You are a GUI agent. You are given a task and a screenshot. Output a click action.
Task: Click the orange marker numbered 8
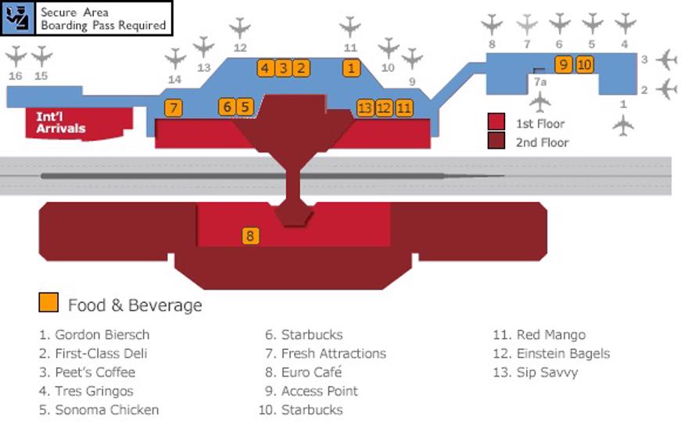(250, 236)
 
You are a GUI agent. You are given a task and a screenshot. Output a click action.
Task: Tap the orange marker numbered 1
(352, 68)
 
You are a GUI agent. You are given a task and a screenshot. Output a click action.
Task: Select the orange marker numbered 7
(174, 108)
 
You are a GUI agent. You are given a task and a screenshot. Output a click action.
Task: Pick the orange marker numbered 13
(365, 108)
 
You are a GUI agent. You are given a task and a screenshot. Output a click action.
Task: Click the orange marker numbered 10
(584, 65)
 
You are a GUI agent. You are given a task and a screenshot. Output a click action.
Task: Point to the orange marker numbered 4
(265, 68)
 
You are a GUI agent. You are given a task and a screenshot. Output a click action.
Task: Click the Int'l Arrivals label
(61, 123)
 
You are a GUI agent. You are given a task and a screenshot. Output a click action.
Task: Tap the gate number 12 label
(240, 48)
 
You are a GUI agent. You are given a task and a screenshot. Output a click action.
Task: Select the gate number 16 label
(16, 76)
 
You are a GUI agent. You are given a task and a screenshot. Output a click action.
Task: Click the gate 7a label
(539, 81)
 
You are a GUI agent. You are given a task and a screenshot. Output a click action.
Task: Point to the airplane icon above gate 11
(350, 27)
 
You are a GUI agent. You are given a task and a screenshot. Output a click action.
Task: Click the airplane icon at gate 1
(623, 124)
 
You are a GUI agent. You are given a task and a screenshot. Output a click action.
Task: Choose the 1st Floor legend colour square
(496, 122)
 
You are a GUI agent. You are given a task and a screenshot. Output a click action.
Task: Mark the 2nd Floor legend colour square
(496, 142)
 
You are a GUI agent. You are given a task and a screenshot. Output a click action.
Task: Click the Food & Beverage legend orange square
(48, 303)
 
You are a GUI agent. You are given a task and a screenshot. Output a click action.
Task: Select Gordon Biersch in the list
(94, 335)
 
